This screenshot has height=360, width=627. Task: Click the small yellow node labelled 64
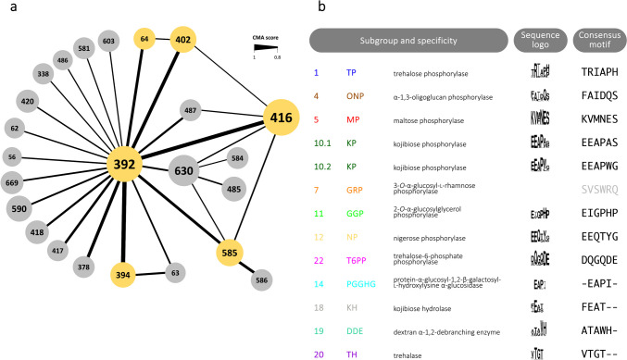click(x=144, y=39)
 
